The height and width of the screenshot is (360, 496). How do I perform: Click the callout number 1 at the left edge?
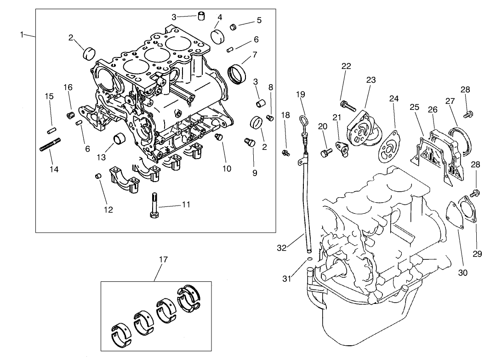22,35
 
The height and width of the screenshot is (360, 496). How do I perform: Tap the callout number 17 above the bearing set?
163,259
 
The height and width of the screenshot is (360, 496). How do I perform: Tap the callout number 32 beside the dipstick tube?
282,248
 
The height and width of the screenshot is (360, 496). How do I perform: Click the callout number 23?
371,80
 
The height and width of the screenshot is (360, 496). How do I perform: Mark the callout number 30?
462,273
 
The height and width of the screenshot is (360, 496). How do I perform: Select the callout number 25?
414,107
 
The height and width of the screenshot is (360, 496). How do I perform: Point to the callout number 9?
254,173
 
